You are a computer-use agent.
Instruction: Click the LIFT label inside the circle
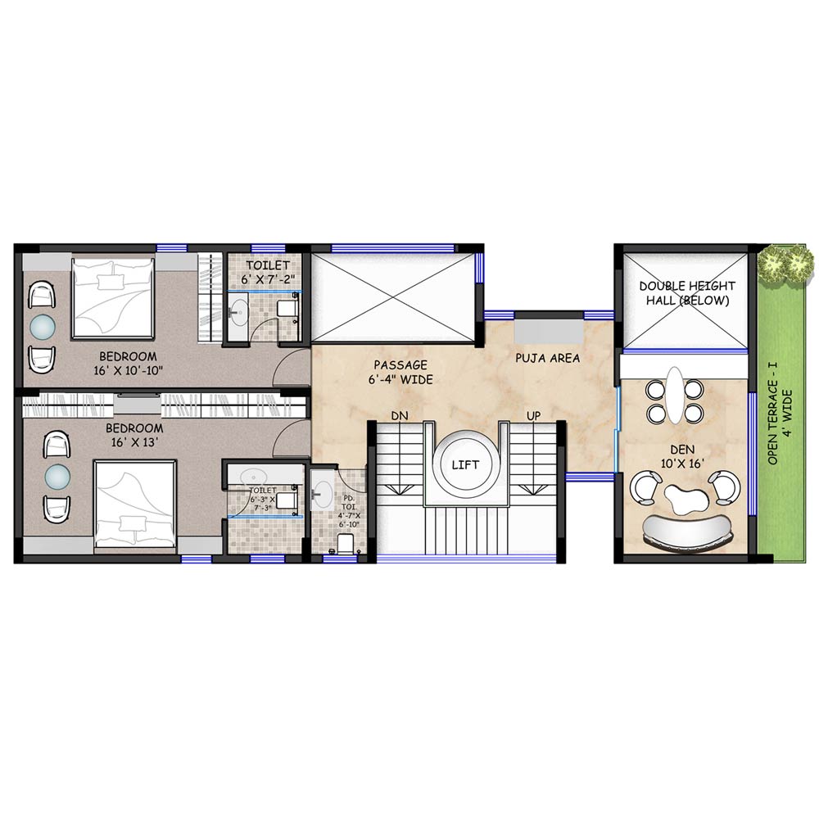465,465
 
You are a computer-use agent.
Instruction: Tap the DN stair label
400,416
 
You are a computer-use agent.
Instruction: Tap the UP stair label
533,416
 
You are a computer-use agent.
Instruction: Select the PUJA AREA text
547,359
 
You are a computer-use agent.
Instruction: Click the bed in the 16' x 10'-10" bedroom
113,298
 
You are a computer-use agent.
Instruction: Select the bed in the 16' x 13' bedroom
135,504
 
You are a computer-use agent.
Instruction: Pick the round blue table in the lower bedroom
57,476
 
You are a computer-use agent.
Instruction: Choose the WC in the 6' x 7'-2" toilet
287,307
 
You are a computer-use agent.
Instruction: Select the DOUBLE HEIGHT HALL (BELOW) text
687,293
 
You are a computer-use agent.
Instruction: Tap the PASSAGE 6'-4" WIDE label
400,372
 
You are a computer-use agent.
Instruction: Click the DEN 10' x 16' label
683,456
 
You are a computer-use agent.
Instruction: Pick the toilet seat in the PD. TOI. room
346,543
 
